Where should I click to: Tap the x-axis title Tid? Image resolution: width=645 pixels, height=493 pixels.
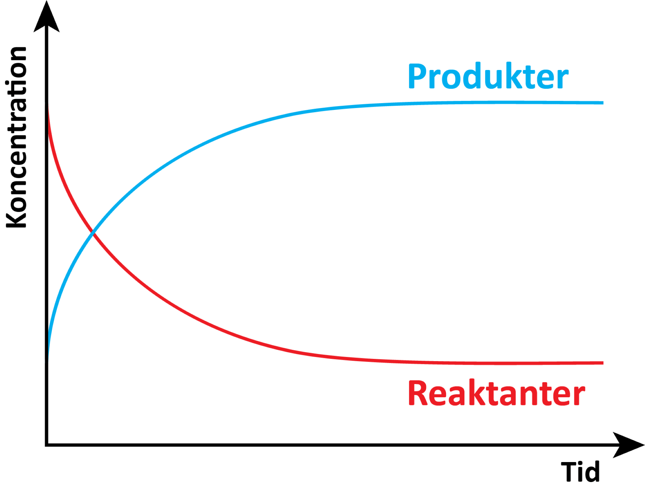(580, 472)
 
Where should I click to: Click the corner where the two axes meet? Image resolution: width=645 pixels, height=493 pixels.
(47, 445)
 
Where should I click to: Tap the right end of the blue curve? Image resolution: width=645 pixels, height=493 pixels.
(602, 103)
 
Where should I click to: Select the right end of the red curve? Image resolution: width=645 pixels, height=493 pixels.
(602, 363)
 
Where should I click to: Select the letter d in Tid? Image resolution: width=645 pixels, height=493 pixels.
(592, 472)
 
